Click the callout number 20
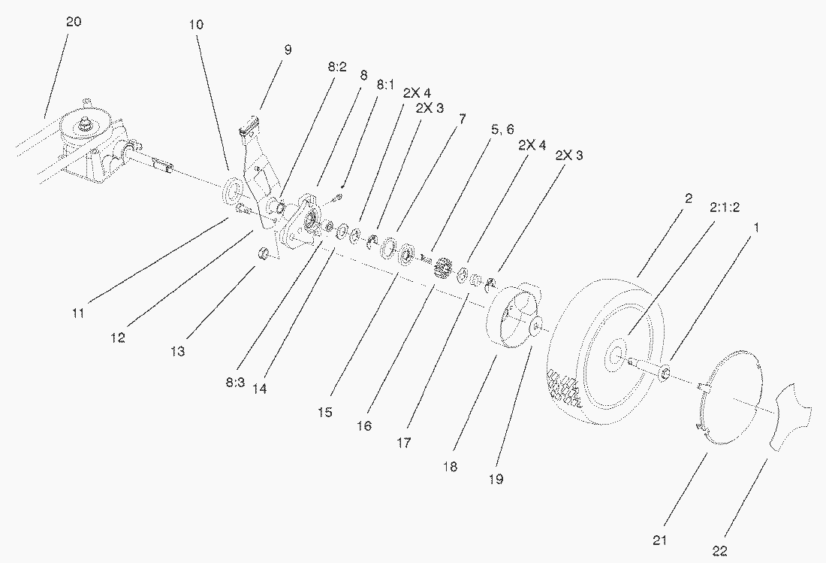pos(74,22)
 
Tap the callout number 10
pos(196,24)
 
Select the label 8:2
pos(337,67)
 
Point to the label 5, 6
pos(502,130)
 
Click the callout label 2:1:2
pos(725,207)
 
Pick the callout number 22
pos(719,552)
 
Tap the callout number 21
pos(659,540)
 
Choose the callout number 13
pos(178,351)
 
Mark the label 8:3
pos(236,383)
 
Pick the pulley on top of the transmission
pos(86,126)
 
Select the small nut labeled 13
pos(264,252)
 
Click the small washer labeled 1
pos(665,374)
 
